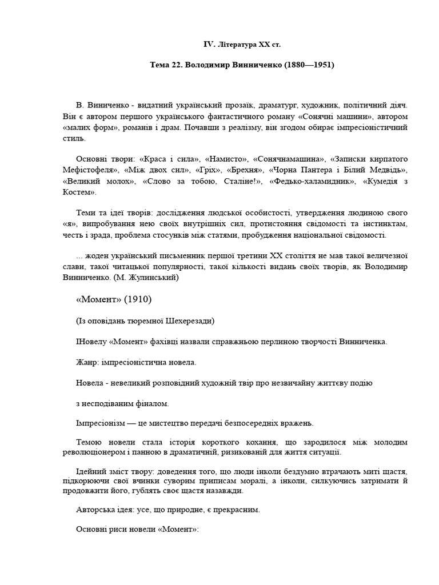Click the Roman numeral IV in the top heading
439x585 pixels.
tap(210, 44)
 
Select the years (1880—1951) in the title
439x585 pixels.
tap(309, 65)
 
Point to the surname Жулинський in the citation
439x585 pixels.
tap(153, 278)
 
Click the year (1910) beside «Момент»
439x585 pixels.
tap(138, 299)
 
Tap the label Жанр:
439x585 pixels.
tap(88, 362)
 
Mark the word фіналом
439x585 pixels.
tap(149, 403)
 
